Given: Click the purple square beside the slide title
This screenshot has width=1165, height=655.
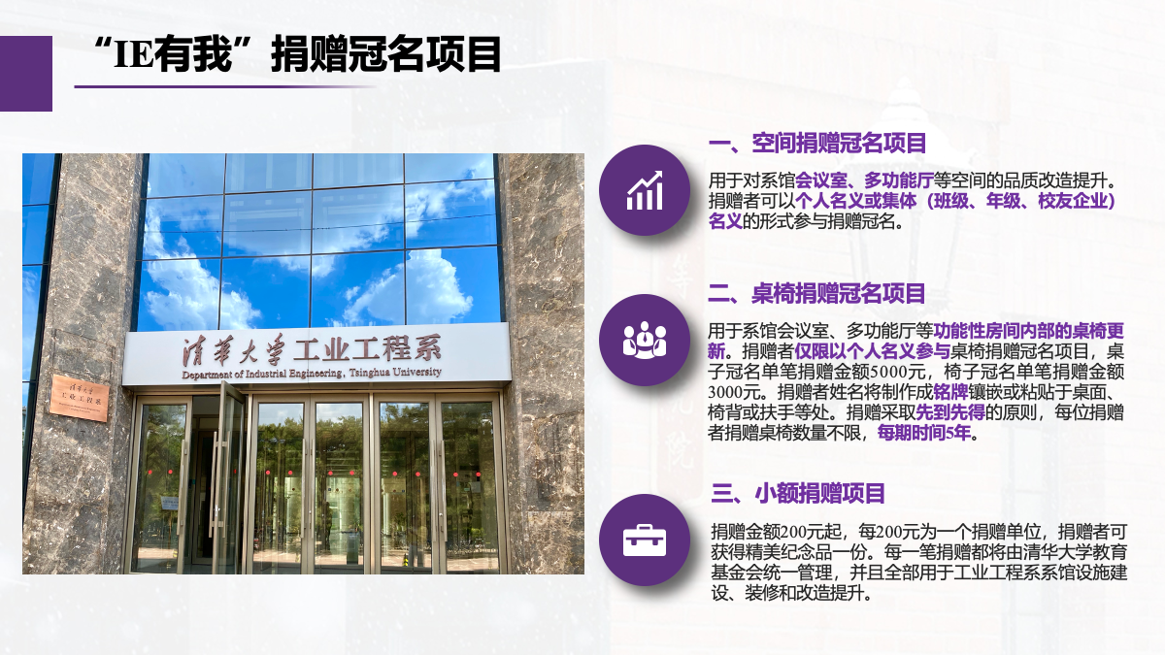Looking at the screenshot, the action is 26,74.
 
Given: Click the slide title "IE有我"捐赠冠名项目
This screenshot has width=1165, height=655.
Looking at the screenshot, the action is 297,54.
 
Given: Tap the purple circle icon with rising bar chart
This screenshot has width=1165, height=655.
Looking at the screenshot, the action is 645,190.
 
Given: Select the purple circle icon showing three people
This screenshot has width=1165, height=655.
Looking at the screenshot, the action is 645,340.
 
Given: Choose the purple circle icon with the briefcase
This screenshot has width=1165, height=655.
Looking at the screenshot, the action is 645,540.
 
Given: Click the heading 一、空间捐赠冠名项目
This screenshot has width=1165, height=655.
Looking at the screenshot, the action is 817,143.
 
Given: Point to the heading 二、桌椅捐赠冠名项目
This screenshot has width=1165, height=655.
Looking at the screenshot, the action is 816,294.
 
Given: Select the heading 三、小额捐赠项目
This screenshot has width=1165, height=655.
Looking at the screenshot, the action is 798,493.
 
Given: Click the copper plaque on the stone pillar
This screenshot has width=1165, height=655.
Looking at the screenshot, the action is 79,398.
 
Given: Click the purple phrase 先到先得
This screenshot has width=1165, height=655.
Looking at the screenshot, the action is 950,412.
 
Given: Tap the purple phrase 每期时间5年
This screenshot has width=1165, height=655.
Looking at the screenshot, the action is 924,433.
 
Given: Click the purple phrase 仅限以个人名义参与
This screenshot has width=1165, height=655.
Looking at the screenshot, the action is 872,351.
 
